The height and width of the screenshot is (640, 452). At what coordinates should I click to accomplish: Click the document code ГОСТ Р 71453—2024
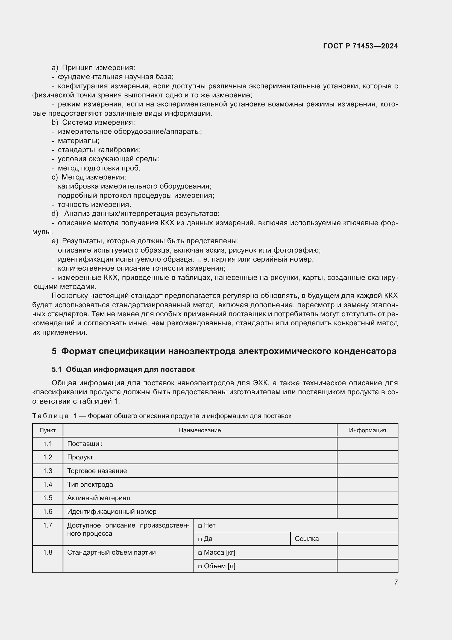pos(360,46)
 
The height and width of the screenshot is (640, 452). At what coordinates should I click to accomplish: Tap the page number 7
pos(396,582)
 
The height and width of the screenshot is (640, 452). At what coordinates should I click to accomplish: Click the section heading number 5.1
pos(57,369)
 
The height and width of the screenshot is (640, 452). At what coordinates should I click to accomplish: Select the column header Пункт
pos(48,430)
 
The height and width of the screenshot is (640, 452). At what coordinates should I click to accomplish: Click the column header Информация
pos(367,430)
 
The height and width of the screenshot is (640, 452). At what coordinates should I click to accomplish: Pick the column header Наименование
pos(200,430)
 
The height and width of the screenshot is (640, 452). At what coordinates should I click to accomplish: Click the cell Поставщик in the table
pos(85,444)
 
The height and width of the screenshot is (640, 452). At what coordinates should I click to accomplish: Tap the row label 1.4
pos(48,485)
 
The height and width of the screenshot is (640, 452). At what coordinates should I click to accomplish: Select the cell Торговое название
pos(97,471)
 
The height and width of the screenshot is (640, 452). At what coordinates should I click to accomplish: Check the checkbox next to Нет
pos(200,526)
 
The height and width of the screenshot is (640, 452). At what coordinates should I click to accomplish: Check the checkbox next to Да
pos(200,539)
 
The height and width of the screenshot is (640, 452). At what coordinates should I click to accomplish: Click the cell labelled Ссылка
pos(306,539)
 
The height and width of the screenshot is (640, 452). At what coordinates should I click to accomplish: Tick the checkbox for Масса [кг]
pos(200,553)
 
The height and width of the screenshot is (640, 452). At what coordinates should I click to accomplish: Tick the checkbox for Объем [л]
pos(200,566)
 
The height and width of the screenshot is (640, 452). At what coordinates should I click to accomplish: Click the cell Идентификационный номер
pos(111,511)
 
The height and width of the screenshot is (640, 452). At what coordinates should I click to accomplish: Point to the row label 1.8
pos(48,552)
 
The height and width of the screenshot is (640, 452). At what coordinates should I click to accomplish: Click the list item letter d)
pos(55,214)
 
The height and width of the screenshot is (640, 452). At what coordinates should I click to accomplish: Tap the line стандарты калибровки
pos(99,150)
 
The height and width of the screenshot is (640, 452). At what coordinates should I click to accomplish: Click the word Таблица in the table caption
pos(50,416)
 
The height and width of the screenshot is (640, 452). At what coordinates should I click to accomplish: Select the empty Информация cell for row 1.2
pos(367,457)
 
